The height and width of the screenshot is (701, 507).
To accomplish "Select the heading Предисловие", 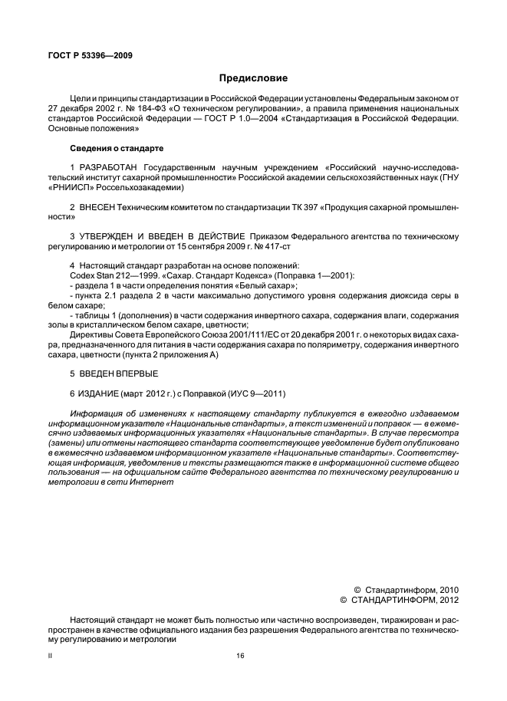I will pyautogui.click(x=253, y=77).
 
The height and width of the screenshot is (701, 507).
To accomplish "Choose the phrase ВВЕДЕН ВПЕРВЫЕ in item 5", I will pyautogui.click(x=118, y=374).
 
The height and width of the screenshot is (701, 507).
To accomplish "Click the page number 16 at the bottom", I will pyautogui.click(x=240, y=654).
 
